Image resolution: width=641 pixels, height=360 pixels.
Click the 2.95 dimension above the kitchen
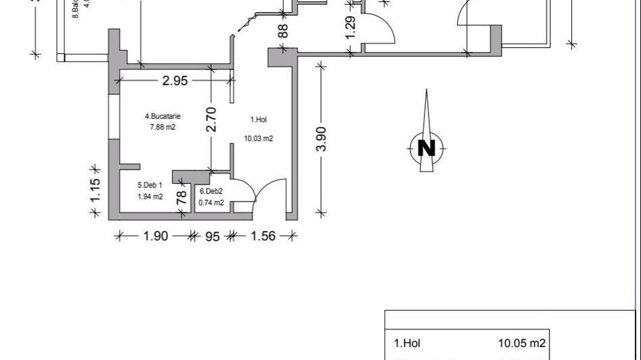[x=174, y=81]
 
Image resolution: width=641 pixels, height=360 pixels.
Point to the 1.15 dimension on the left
[x=96, y=189]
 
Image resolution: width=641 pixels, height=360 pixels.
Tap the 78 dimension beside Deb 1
[x=182, y=199]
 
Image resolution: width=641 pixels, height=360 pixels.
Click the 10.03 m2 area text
[x=259, y=139]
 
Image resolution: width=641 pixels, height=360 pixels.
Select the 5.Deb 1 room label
[x=150, y=185]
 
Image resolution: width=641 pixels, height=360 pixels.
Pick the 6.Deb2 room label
[x=211, y=192]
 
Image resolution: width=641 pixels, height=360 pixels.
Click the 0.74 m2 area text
[x=211, y=202]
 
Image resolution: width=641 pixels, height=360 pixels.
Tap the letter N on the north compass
[x=426, y=148]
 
